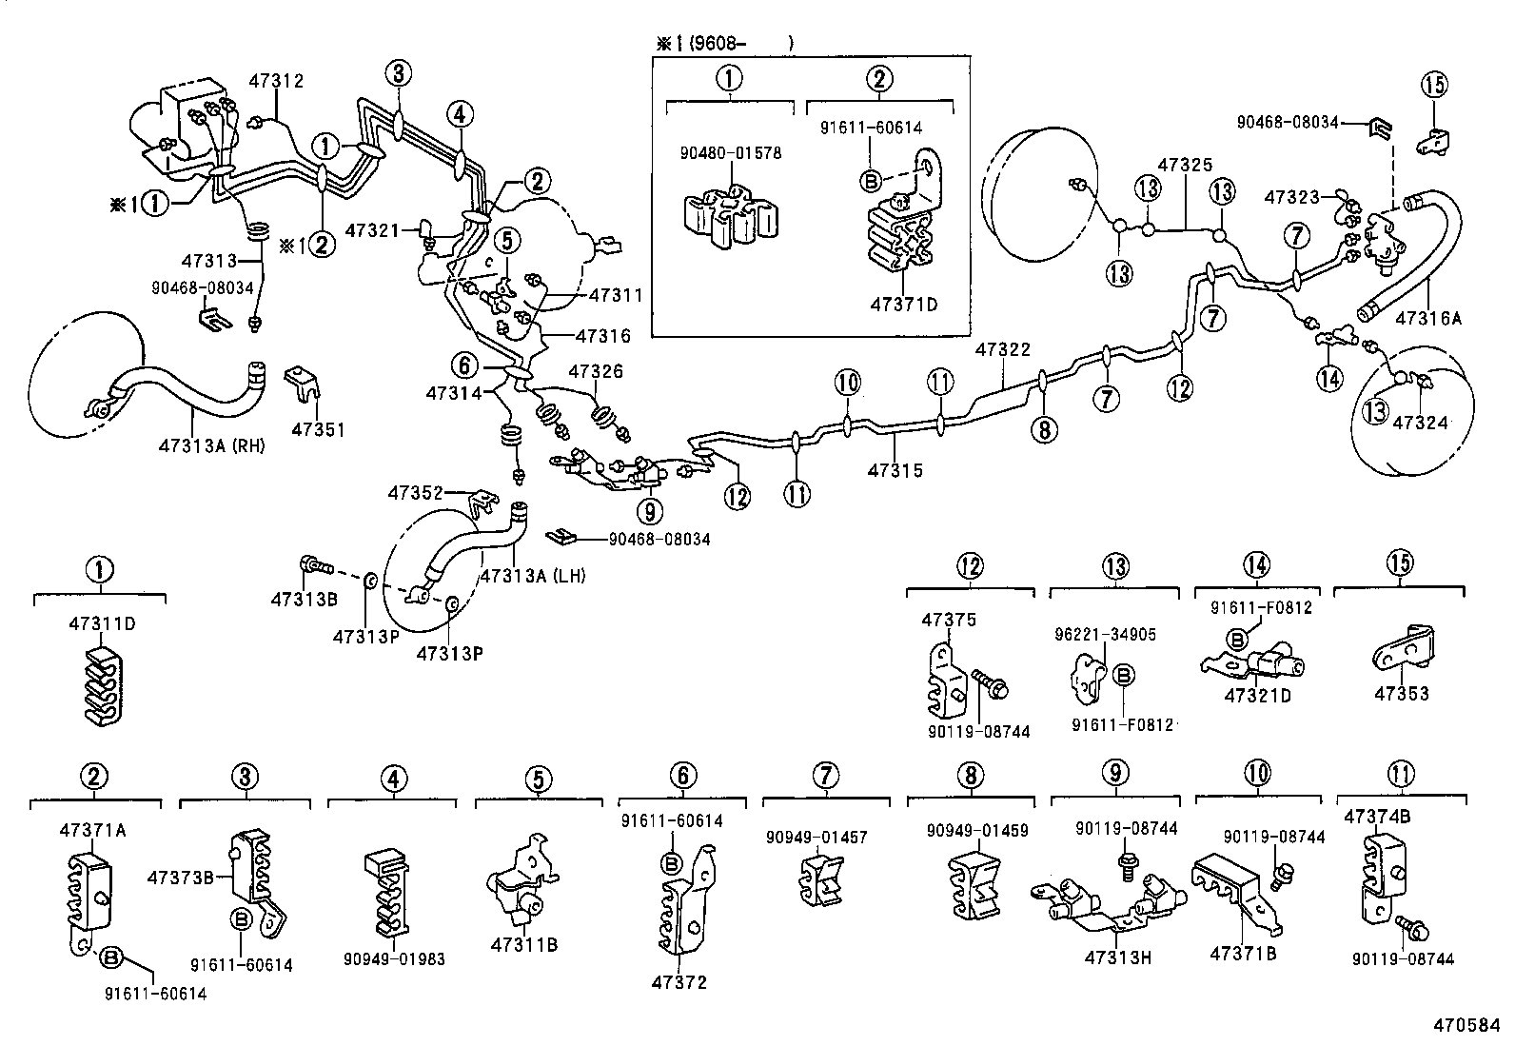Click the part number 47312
click(x=276, y=82)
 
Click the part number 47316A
click(x=1427, y=319)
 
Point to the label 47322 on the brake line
click(x=1002, y=351)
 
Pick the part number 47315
click(x=895, y=470)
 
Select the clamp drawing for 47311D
click(x=99, y=687)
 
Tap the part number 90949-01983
click(x=394, y=959)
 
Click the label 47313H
click(x=1117, y=957)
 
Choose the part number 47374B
click(x=1377, y=817)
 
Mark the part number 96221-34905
click(x=1105, y=634)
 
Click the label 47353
click(x=1401, y=694)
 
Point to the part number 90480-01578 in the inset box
click(x=730, y=152)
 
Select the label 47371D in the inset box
click(x=903, y=305)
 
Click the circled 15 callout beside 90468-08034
click(x=1435, y=85)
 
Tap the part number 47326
click(x=596, y=370)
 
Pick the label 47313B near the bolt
click(x=304, y=599)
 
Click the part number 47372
click(x=681, y=982)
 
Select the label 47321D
click(x=1257, y=696)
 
